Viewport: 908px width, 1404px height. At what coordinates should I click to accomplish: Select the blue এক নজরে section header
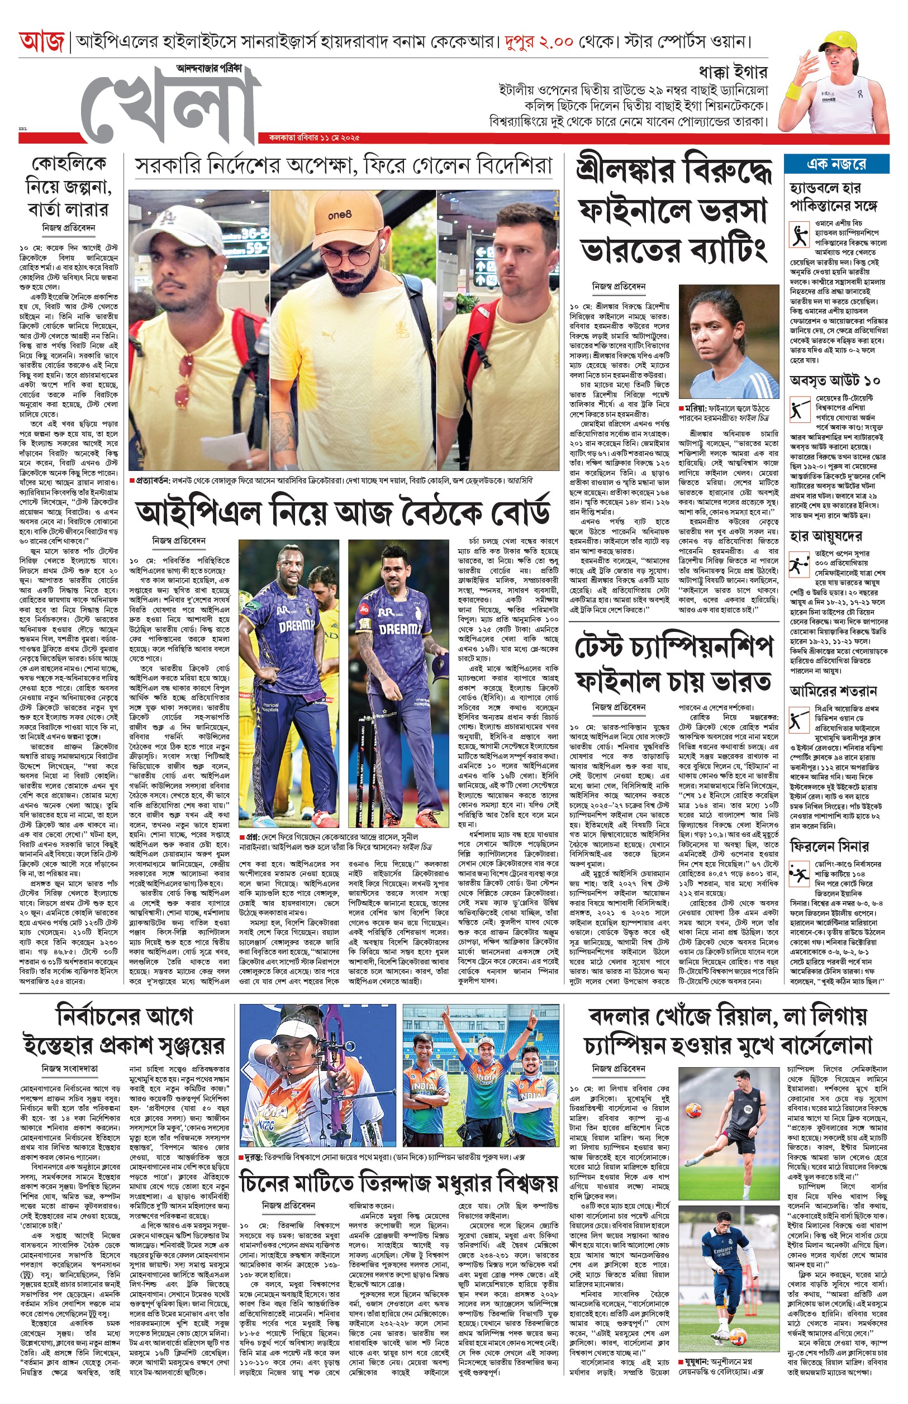point(836,164)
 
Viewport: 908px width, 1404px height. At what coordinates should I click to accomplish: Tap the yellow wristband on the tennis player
point(793,92)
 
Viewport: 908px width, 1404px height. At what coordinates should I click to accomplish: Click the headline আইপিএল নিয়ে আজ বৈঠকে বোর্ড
point(343,513)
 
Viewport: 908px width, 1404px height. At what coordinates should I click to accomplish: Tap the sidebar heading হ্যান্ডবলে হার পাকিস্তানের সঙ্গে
point(834,197)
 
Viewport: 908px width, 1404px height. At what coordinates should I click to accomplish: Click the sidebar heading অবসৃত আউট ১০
point(835,379)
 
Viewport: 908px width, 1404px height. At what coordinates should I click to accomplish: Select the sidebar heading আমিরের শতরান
point(833,690)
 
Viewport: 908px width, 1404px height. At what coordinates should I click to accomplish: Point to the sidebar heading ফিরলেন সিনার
point(829,846)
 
